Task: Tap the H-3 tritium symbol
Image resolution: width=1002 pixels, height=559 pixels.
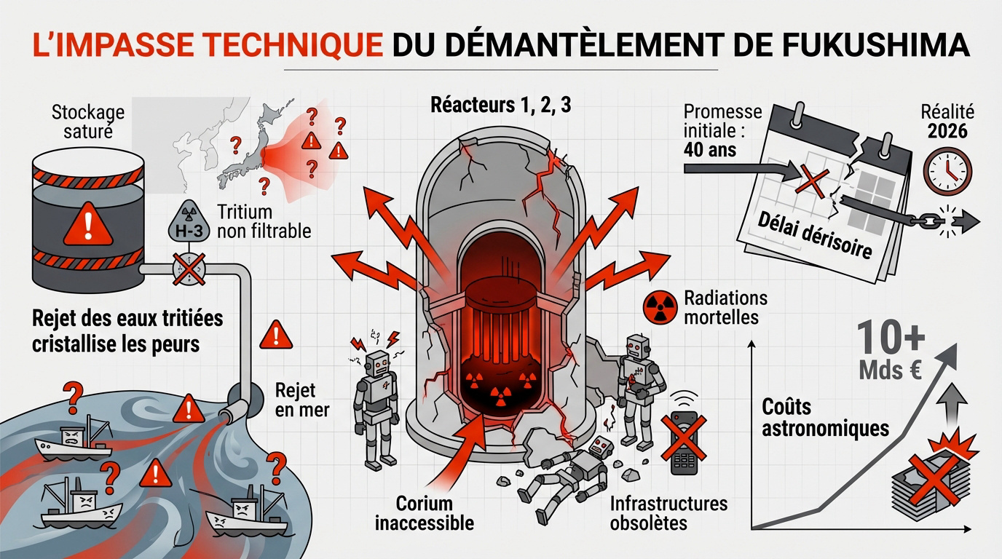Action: coord(184,222)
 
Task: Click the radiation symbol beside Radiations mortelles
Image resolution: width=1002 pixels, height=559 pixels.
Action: coord(660,308)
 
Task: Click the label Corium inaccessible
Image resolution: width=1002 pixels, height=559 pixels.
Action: coord(424,512)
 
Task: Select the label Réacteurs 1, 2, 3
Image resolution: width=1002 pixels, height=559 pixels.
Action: coord(501,104)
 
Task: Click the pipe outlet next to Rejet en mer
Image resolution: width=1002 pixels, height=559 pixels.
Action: coord(237,408)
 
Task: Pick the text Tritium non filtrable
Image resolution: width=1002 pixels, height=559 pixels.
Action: coord(264,221)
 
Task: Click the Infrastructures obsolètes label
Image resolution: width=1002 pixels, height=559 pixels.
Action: coord(668,512)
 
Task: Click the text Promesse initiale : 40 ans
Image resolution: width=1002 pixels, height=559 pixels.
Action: coord(723,131)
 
